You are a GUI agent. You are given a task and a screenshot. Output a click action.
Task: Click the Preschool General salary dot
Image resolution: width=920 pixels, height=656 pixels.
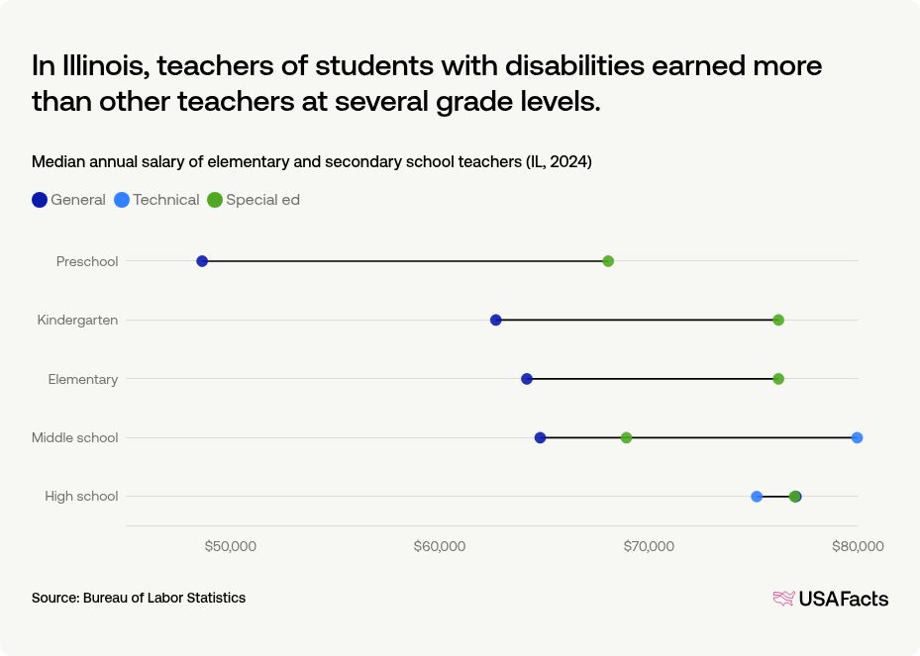(x=202, y=261)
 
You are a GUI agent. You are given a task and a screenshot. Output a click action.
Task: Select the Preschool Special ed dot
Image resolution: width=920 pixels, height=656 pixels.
(x=608, y=261)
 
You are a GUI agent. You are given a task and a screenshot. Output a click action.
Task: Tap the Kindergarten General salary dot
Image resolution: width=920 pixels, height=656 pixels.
(x=496, y=320)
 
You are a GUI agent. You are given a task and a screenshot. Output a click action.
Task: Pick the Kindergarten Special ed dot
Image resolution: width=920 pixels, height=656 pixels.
(x=778, y=320)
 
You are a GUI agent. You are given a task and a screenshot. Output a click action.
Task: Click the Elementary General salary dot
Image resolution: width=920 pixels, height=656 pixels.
(x=527, y=379)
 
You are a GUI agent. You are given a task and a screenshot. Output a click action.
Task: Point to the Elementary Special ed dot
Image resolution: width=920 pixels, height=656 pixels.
(x=778, y=379)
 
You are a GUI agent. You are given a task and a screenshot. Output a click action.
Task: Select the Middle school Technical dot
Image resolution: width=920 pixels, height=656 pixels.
(x=857, y=437)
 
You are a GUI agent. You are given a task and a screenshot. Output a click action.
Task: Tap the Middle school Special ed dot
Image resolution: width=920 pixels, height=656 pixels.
(x=626, y=437)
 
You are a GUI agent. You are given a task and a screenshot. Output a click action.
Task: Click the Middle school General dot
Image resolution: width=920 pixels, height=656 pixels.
(x=540, y=437)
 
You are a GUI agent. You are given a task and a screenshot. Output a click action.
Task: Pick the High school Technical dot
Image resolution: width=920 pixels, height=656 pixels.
(x=757, y=497)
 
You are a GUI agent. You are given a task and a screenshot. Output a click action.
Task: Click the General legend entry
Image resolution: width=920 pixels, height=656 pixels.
(x=69, y=200)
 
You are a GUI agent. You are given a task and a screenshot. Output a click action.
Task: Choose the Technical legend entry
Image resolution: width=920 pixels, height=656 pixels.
(x=157, y=200)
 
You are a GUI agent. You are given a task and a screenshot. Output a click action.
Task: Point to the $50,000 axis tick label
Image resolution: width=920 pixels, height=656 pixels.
(x=231, y=546)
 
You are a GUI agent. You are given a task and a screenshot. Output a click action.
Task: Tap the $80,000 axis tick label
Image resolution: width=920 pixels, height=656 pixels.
(x=858, y=546)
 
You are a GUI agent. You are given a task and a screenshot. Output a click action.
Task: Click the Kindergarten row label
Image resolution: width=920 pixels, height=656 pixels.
(x=77, y=320)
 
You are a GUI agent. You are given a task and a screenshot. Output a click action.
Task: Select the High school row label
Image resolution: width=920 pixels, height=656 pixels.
(x=81, y=497)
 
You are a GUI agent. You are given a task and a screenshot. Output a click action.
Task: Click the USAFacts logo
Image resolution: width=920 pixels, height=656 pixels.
(x=830, y=599)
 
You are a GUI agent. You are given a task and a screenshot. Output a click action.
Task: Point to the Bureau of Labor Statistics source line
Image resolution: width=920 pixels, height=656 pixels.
(x=139, y=598)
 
